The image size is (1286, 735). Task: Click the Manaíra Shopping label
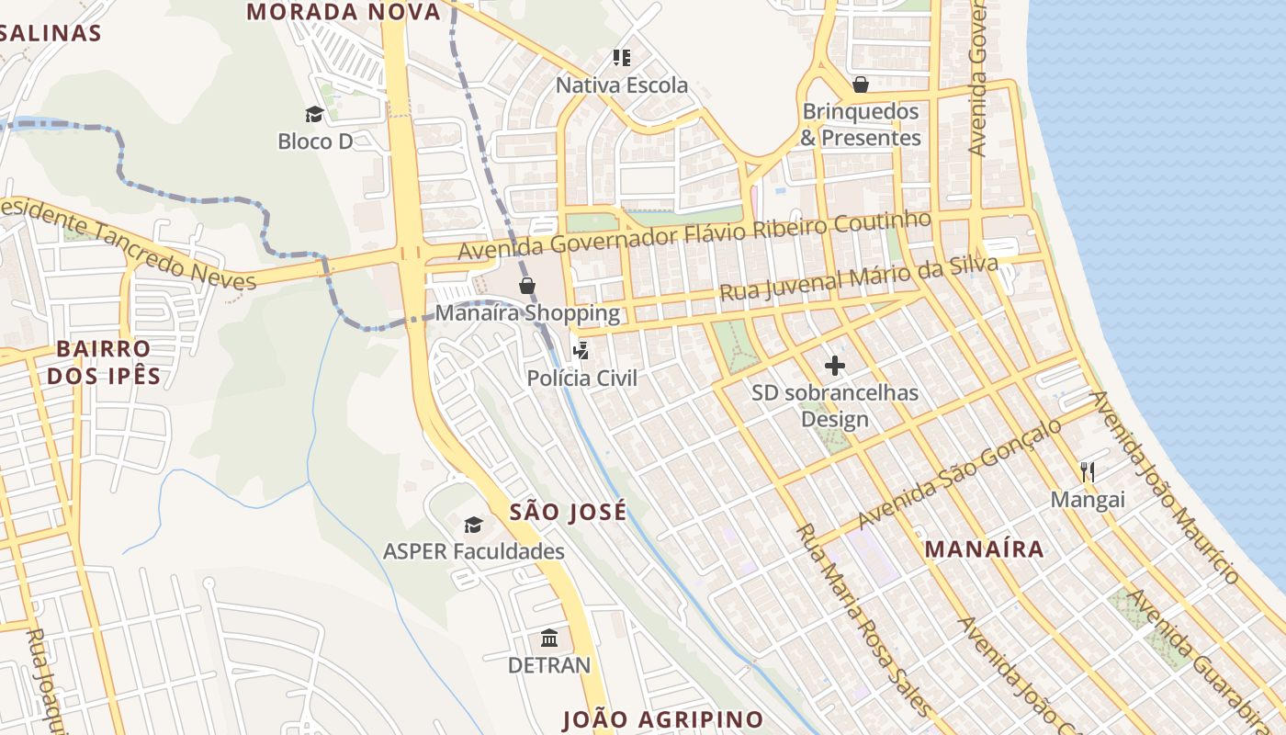tap(527, 312)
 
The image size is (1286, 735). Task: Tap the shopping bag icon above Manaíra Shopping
tap(527, 286)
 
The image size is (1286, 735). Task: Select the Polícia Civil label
tap(581, 378)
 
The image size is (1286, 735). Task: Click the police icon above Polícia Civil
tap(581, 350)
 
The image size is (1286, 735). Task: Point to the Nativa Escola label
tap(622, 85)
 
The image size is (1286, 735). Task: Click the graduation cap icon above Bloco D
tap(315, 114)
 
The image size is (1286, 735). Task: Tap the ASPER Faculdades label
tap(473, 551)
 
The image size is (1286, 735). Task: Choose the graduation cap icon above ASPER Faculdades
tap(473, 525)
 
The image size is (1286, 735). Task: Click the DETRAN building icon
tap(549, 638)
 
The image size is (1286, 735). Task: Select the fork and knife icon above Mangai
tap(1088, 472)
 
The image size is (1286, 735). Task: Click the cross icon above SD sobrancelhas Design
tap(834, 367)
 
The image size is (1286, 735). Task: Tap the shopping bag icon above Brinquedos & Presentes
tap(861, 85)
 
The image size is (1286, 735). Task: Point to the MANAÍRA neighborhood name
tap(984, 549)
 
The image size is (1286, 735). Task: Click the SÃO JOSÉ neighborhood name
tap(568, 512)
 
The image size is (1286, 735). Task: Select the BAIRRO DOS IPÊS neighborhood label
tap(103, 362)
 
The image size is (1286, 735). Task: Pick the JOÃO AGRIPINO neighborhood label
tap(662, 718)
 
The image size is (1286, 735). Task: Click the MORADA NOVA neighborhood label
tap(344, 12)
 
